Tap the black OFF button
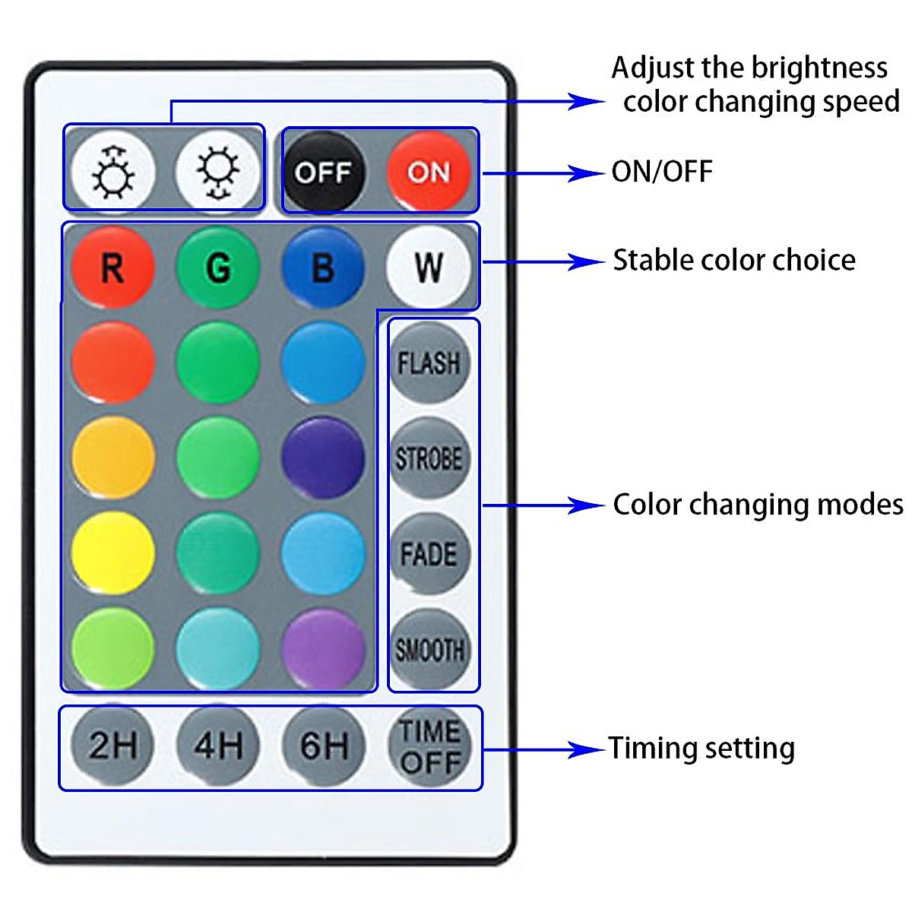(323, 172)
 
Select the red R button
(113, 268)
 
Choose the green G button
(218, 268)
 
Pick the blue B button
(323, 268)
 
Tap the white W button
(429, 268)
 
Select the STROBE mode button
(429, 458)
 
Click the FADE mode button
(429, 554)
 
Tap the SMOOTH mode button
(429, 650)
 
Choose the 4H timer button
(218, 745)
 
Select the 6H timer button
(323, 745)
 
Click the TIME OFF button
(429, 746)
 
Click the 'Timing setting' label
(701, 749)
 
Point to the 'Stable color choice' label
(734, 261)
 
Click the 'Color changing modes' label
(758, 505)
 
